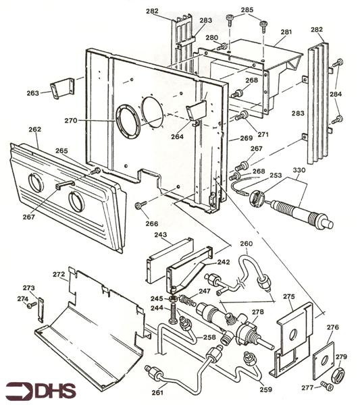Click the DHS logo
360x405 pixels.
(x=41, y=390)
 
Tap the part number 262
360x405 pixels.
(x=35, y=129)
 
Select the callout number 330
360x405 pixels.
(x=299, y=170)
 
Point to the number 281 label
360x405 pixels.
(x=286, y=32)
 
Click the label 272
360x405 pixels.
(x=59, y=274)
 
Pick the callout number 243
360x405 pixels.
(x=161, y=235)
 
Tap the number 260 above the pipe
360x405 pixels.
(x=247, y=244)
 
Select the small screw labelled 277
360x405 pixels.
(x=326, y=385)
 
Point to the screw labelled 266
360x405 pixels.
(x=140, y=205)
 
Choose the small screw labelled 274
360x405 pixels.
(x=32, y=305)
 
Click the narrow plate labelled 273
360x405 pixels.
(x=41, y=310)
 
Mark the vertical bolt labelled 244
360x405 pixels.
(x=173, y=313)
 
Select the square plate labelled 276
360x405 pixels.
(x=324, y=360)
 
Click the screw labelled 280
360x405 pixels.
(x=222, y=47)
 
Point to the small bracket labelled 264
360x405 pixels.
(x=197, y=111)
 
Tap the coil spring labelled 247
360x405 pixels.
(x=187, y=300)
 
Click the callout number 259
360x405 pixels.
(x=266, y=389)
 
